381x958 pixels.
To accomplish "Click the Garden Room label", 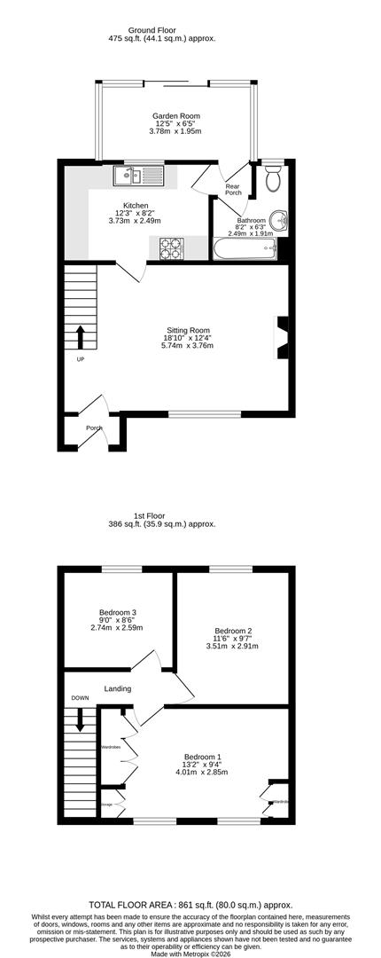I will (175, 115).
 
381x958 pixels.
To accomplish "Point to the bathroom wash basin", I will (280, 218).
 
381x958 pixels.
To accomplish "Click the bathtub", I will (244, 248).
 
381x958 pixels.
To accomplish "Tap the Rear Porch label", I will (233, 190).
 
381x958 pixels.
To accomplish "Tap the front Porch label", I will (94, 428).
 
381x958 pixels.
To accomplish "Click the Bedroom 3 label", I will (117, 612).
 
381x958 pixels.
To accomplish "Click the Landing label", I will (117, 688).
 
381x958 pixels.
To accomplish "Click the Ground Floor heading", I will (161, 29).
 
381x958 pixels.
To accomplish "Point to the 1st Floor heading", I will (161, 514).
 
